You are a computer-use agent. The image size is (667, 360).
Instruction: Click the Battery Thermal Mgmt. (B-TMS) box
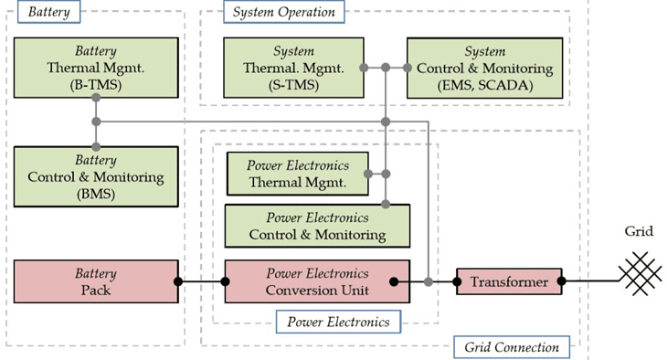pos(95,68)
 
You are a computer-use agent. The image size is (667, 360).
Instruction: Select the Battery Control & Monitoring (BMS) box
pos(95,177)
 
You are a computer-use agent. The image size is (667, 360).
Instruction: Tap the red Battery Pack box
pos(95,281)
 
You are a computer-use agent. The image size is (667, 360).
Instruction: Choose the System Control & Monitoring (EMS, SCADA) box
pos(483,68)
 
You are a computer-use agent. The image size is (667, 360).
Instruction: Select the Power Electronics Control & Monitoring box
pos(317,226)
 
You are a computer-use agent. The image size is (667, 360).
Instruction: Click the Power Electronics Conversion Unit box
pos(317,281)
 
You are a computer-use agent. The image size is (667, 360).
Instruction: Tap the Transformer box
pos(509,281)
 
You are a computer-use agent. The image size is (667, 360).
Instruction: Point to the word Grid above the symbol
pos(638,231)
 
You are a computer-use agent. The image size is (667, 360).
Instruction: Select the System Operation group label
pos(284,12)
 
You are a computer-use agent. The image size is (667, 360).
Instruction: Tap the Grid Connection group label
pos(512,346)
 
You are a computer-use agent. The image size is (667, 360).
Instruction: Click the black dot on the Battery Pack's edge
pos(178,281)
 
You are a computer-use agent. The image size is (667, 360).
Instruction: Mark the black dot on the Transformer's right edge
pos(562,281)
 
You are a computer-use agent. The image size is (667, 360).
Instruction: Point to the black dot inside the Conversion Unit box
pos(394,281)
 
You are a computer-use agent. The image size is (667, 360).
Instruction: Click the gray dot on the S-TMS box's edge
pos(364,69)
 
